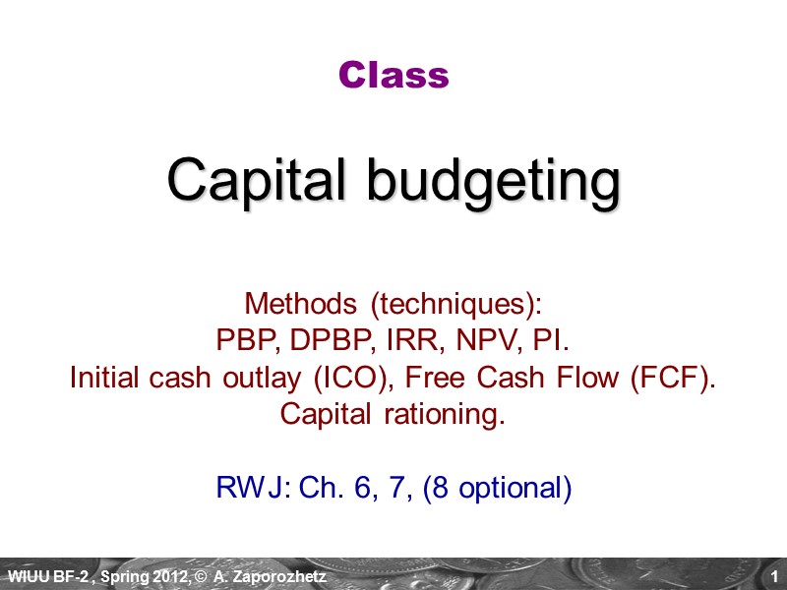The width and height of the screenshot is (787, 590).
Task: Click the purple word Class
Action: [393, 75]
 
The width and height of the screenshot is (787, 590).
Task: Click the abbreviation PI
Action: [550, 339]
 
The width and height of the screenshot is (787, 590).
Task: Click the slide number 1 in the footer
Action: [775, 575]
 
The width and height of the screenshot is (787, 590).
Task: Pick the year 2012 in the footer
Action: [174, 575]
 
